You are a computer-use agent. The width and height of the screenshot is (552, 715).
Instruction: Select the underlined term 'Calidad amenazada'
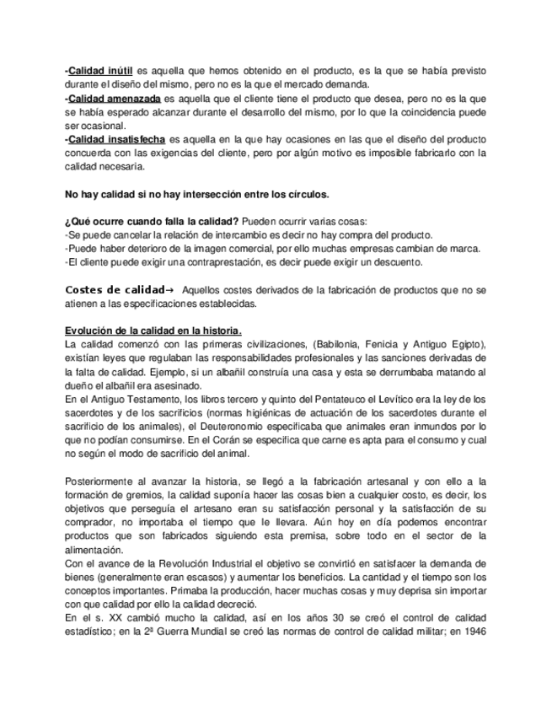(114, 99)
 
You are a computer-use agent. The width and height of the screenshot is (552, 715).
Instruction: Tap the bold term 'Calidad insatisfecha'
(117, 139)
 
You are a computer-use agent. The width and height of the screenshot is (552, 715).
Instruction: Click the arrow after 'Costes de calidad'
(170, 290)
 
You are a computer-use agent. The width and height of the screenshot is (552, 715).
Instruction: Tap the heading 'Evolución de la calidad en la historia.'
(153, 331)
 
